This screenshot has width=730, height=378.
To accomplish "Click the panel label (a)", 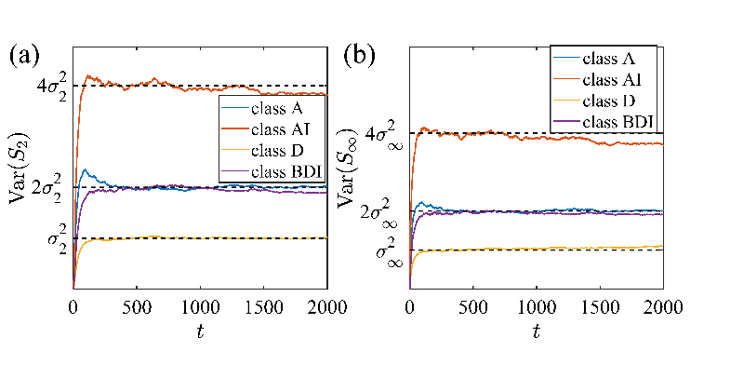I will [x=23, y=54].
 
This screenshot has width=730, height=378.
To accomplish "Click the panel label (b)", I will [x=360, y=54].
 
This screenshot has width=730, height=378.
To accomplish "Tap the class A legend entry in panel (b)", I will [x=614, y=59].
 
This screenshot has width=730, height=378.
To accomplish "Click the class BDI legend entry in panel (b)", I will [x=619, y=120].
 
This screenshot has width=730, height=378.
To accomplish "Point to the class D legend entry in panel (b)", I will [x=614, y=100].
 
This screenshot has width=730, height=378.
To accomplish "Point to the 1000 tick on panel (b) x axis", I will [x=536, y=307].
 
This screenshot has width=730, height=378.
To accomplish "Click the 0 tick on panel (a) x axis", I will [x=73, y=307].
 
